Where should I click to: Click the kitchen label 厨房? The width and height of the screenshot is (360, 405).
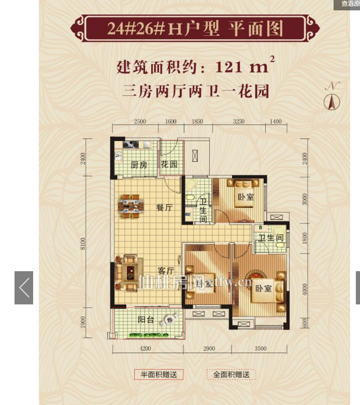139,165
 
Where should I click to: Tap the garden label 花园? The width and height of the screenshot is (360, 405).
169,165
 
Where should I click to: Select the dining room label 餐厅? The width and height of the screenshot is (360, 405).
164,207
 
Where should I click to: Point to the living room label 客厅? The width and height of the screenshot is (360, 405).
165,270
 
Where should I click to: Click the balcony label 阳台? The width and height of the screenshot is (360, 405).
146,320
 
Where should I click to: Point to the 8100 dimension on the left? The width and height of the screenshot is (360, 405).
83,244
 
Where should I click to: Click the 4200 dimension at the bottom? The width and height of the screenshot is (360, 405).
146,348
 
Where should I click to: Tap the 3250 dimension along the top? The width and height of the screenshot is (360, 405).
239,122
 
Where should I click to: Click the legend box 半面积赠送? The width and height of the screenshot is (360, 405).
159,374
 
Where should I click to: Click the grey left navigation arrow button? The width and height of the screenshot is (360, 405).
24,288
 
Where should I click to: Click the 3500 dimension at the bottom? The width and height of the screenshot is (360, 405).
260,348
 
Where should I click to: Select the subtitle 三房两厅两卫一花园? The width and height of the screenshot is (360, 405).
195,92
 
